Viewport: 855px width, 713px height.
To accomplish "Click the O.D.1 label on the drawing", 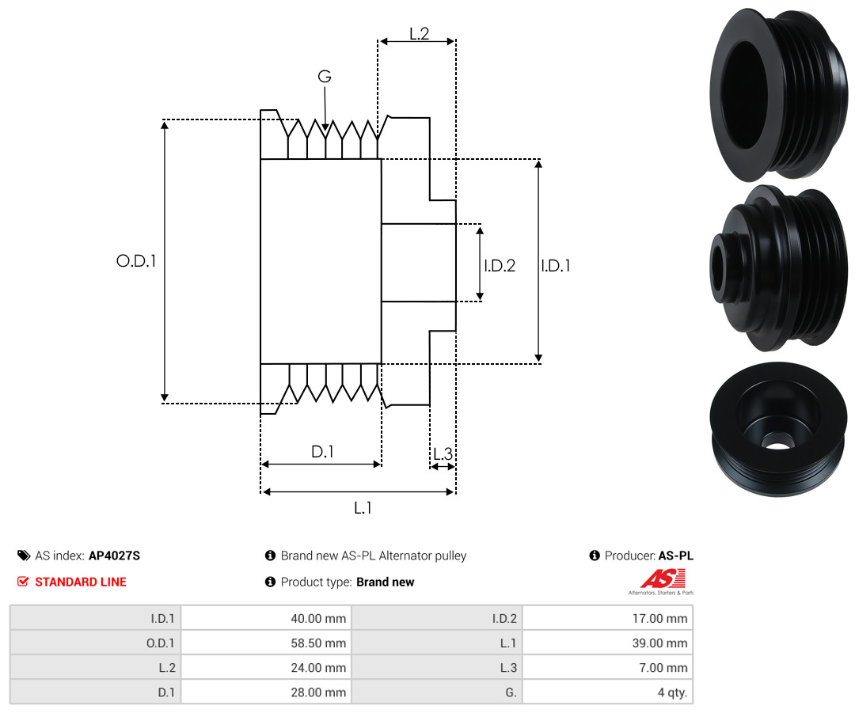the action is [x=136, y=261].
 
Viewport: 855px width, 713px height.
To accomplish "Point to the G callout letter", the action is [x=325, y=76].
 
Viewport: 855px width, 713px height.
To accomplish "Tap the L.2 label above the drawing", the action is [x=420, y=34].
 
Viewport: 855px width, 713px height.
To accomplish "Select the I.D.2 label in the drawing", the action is [x=500, y=265].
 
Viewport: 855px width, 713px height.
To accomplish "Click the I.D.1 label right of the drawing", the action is [x=556, y=265].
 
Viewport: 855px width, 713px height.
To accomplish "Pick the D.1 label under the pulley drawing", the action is [x=322, y=451].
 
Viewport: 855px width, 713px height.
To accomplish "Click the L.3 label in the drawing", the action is [x=443, y=453].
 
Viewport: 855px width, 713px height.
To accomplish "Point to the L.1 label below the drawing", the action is [x=363, y=508].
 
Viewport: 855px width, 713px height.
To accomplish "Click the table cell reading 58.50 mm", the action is [x=318, y=643].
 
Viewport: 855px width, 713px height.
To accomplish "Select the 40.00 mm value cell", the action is [x=318, y=619].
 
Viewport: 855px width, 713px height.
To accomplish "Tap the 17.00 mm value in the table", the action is [x=659, y=619].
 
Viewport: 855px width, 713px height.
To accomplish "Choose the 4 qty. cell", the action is [x=672, y=692].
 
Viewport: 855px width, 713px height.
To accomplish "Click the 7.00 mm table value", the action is [x=663, y=668].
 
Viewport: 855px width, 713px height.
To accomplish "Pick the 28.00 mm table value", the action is [x=318, y=692].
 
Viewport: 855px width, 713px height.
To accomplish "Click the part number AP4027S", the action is [x=115, y=556].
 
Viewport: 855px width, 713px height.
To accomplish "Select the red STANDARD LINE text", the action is [x=81, y=582].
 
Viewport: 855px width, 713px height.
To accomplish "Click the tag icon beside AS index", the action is [x=24, y=556].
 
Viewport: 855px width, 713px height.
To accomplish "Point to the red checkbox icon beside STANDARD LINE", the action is [x=23, y=582].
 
